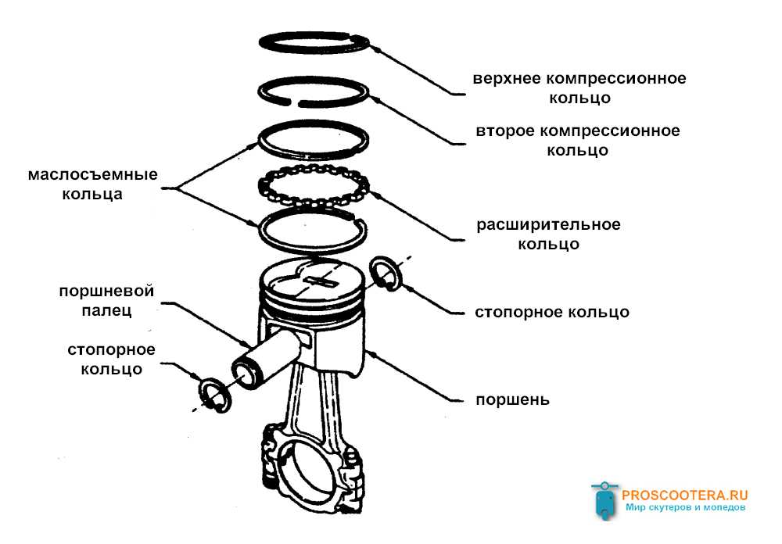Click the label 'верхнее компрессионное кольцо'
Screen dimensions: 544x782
[579, 88]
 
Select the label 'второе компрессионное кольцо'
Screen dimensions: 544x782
[577, 140]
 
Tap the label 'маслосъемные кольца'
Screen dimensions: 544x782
[92, 184]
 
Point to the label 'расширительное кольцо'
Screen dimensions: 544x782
[547, 234]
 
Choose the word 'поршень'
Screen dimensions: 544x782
[512, 399]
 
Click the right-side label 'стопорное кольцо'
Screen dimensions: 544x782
[551, 312]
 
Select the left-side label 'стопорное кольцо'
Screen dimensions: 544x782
[111, 359]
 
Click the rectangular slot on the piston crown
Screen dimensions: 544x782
[321, 278]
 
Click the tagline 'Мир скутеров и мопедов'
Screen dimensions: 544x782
[685, 507]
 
